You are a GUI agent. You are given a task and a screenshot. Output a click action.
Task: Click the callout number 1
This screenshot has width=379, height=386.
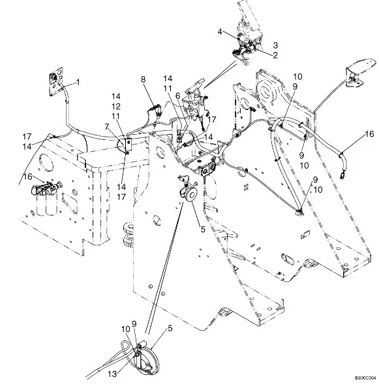pyautogui.click(x=78, y=82)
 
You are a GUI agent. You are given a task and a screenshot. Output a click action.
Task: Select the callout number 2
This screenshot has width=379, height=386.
pyautogui.click(x=275, y=55)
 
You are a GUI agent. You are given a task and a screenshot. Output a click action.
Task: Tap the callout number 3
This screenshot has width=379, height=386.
pyautogui.click(x=275, y=45)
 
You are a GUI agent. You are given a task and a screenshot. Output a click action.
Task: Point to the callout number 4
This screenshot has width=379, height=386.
pyautogui.click(x=220, y=31)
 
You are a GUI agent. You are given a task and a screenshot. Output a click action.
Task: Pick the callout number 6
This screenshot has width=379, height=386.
pyautogui.click(x=177, y=96)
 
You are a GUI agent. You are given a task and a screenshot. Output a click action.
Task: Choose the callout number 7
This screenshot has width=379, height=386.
pyautogui.click(x=107, y=127)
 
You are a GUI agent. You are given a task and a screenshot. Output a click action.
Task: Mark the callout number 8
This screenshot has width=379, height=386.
pyautogui.click(x=143, y=79)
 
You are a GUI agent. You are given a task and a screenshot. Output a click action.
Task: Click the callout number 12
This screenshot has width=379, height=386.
pyautogui.click(x=116, y=106)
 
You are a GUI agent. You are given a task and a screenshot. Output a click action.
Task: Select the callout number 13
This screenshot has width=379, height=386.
pyautogui.click(x=112, y=374)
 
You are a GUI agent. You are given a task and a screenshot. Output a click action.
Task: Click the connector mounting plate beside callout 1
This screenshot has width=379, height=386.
pyautogui.click(x=56, y=81)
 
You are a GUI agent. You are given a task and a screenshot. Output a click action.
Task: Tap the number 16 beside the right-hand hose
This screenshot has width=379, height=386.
pyautogui.click(x=369, y=134)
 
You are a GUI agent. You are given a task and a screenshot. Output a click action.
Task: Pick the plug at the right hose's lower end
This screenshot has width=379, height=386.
pyautogui.click(x=342, y=176)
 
